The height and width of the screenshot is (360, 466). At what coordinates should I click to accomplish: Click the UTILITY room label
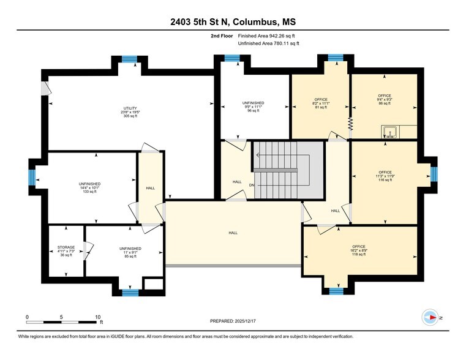click(130, 113)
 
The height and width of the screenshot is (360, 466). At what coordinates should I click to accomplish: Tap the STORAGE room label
click(66, 251)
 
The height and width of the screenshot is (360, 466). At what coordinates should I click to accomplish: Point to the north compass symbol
click(430, 318)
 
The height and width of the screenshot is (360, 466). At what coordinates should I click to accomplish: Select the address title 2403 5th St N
click(233, 23)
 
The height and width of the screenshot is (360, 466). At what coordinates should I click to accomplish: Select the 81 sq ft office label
click(320, 103)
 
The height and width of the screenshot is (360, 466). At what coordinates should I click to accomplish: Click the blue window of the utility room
click(129, 59)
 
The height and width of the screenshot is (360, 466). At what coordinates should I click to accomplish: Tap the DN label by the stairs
click(251, 186)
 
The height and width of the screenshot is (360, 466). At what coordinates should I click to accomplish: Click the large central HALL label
click(233, 233)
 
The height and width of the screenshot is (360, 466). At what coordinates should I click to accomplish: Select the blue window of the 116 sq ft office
click(434, 174)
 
